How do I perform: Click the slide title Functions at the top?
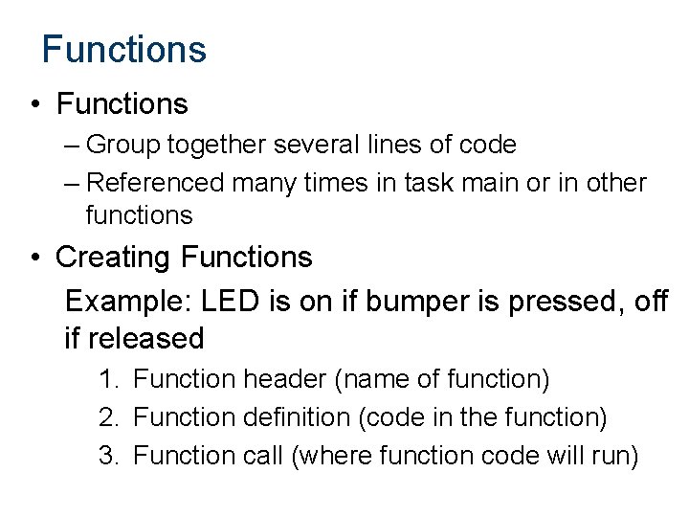coord(123,49)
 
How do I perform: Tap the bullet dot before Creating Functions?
coord(35,258)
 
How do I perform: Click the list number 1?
coord(107,379)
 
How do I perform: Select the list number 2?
coord(107,417)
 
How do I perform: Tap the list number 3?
coord(107,456)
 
